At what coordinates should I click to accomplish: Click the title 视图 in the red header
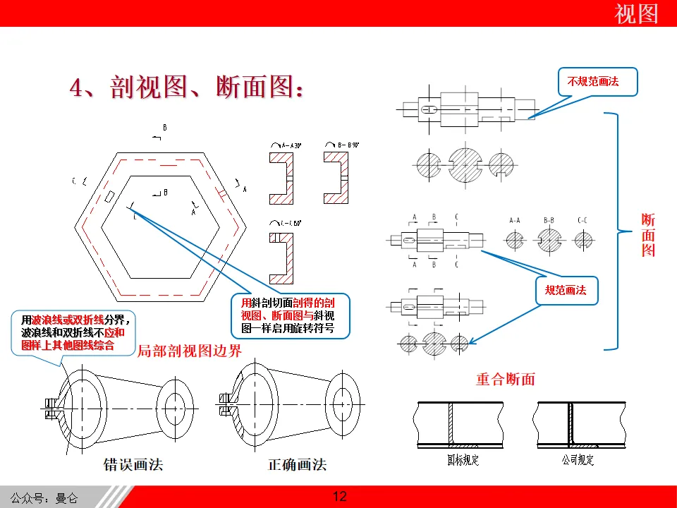(636, 14)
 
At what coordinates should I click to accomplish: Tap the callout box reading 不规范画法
(593, 82)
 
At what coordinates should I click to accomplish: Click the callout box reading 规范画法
(566, 290)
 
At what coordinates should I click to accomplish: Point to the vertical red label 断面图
(648, 235)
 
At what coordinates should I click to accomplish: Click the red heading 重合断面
(505, 379)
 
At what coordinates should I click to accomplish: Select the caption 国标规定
(463, 460)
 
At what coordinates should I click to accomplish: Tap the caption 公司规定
(578, 460)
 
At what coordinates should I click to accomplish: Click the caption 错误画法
(133, 464)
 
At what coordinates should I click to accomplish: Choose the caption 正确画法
(298, 464)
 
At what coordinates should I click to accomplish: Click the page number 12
(339, 497)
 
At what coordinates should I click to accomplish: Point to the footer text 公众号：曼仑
(44, 498)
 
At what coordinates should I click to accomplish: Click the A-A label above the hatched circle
(515, 221)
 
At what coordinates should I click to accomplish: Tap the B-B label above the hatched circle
(549, 221)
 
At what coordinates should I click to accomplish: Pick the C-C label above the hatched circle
(583, 221)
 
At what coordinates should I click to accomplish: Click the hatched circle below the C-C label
(583, 240)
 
